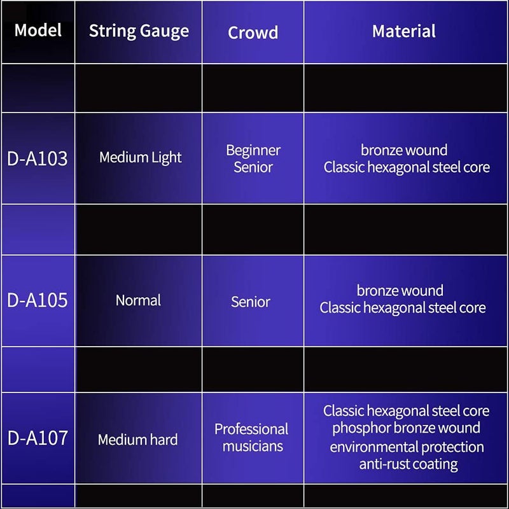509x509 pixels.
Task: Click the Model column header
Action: point(38,30)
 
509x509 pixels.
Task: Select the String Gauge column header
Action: point(139,31)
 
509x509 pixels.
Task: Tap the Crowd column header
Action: point(253,32)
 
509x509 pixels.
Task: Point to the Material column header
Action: point(404,31)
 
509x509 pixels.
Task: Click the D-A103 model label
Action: point(38,158)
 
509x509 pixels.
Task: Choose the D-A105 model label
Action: point(38,300)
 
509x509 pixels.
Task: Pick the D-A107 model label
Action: point(38,438)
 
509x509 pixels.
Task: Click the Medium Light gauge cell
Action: point(141,158)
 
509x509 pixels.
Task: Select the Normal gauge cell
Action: point(138,300)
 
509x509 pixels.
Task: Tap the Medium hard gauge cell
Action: point(137,440)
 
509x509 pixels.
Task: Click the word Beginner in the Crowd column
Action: point(253,151)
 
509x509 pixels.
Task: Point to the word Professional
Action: point(251,429)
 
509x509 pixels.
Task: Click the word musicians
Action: point(253,446)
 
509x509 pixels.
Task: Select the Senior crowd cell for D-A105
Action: point(251,302)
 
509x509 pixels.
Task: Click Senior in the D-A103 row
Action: point(253,167)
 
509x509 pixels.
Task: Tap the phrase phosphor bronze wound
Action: point(406,428)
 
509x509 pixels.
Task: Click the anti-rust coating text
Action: point(408,464)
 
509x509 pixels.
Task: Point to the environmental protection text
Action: point(407,447)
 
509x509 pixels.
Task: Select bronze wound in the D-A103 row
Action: point(404,150)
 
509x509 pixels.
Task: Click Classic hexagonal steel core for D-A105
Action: point(403,308)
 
